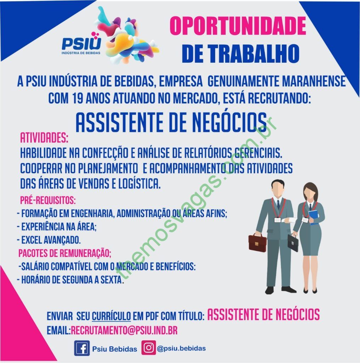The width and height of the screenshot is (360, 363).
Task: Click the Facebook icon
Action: point(81,348)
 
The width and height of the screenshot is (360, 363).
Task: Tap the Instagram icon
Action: point(148,347)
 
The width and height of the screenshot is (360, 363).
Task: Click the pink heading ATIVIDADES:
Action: point(44,138)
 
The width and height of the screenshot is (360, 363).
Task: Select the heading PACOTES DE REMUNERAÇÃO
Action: point(64,253)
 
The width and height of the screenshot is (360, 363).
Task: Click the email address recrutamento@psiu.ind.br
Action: point(124,330)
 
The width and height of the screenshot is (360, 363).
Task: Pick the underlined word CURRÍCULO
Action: point(111,316)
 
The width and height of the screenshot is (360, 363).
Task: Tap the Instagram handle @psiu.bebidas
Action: point(181,348)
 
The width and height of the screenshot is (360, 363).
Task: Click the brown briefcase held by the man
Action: point(258,242)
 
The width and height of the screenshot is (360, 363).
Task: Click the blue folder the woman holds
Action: point(314,217)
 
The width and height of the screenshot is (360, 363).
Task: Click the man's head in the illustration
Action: point(278,188)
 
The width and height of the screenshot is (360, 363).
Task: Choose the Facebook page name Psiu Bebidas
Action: point(114,349)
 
